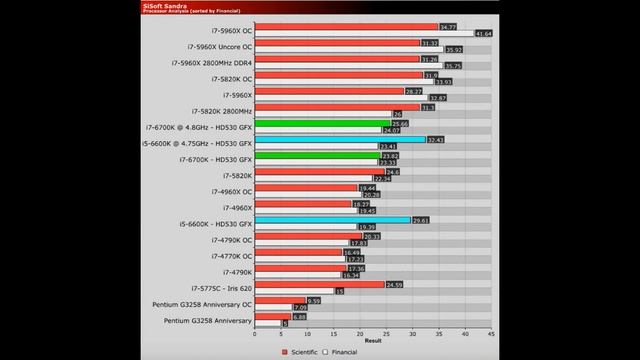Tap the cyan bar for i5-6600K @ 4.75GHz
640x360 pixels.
coord(340,140)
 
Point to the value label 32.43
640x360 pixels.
coord(436,140)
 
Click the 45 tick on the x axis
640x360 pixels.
coord(491,333)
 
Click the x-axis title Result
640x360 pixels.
coord(373,341)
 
